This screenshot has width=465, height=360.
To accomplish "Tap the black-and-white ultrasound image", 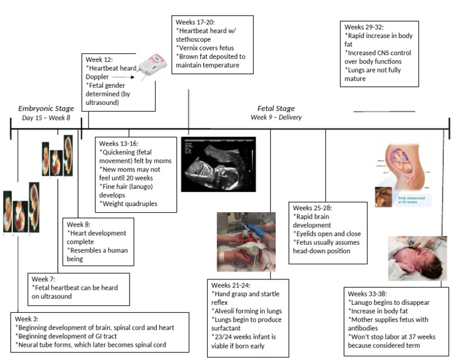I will click(x=218, y=164).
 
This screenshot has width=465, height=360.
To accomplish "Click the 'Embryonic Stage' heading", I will click(x=46, y=108).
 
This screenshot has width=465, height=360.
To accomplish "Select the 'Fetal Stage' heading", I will click(x=276, y=108).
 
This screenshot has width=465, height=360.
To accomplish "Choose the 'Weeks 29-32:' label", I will click(x=363, y=28).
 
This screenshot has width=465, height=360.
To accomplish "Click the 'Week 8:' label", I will click(x=80, y=223).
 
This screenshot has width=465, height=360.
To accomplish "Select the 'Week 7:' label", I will click(x=44, y=278).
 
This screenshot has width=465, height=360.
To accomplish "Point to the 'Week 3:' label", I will click(x=28, y=318).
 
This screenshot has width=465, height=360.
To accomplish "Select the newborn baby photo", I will click(x=417, y=258).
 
